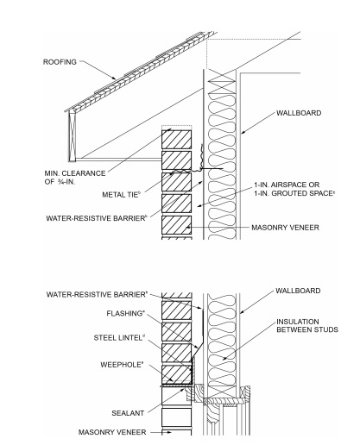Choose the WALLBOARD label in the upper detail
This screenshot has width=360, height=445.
tap(301, 113)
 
